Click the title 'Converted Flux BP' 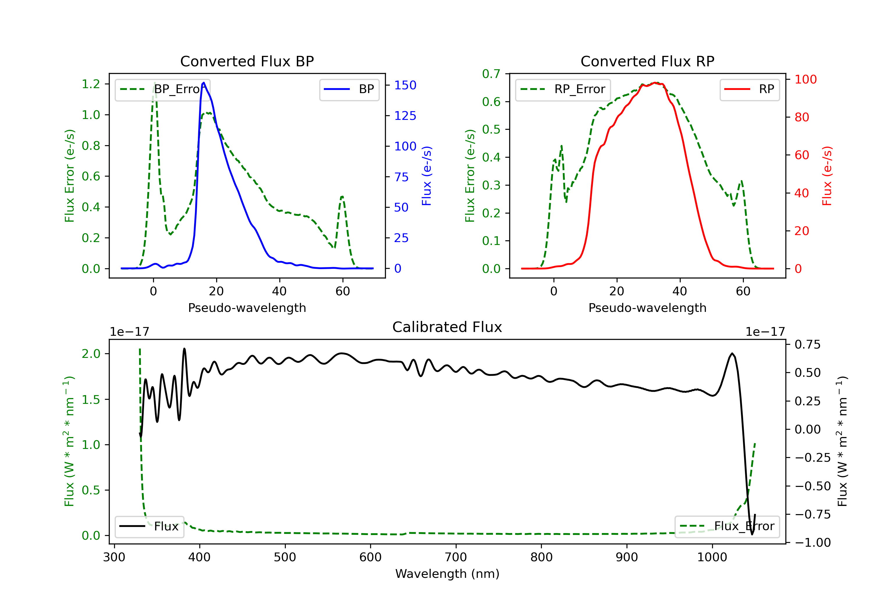[x=247, y=61]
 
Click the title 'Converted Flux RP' [x=647, y=61]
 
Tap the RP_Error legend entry [x=563, y=89]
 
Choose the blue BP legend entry [x=349, y=89]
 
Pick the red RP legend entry [x=749, y=89]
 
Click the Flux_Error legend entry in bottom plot [x=727, y=526]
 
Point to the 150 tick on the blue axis [x=405, y=85]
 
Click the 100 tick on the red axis [x=805, y=79]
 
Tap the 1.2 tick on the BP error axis [x=91, y=84]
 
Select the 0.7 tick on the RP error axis [x=491, y=74]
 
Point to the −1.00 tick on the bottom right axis [x=812, y=543]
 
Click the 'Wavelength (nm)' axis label [x=447, y=574]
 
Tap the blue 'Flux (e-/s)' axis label [x=427, y=176]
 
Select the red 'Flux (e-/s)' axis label [x=827, y=176]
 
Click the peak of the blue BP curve [x=204, y=83]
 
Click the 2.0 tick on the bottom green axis [x=91, y=354]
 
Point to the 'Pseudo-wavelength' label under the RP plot [x=647, y=308]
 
